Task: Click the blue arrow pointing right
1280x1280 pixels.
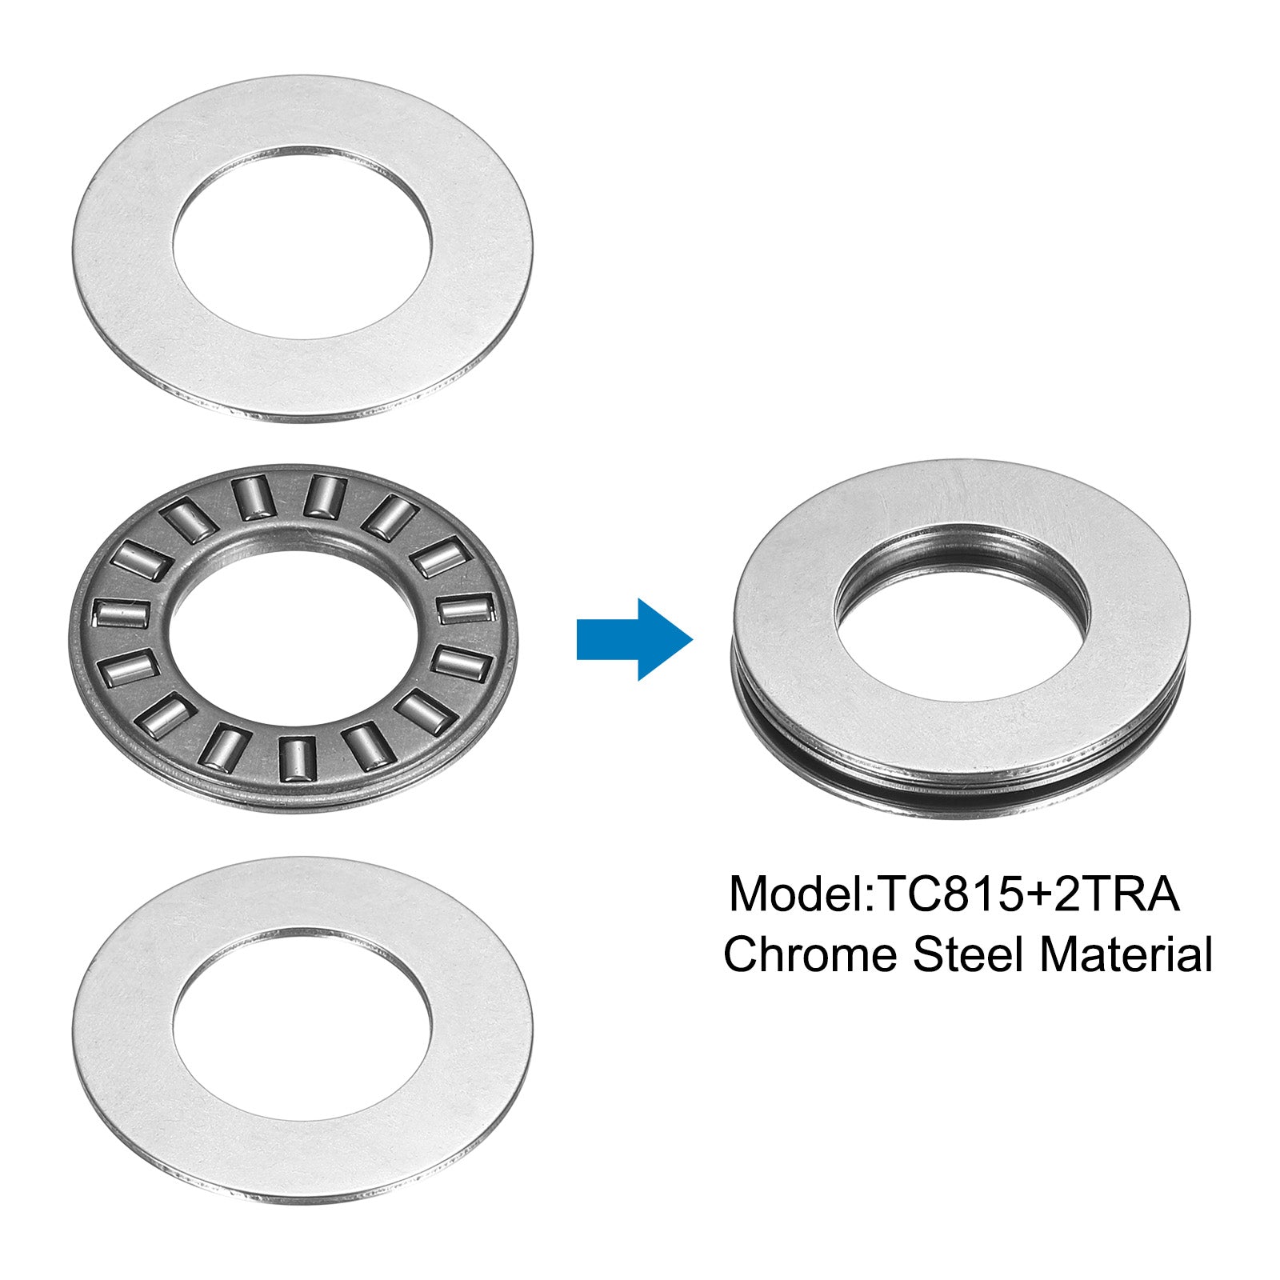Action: click(634, 639)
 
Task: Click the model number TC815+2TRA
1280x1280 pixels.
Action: click(1030, 894)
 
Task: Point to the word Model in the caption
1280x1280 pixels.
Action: click(797, 894)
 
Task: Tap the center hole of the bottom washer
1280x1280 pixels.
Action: click(302, 1026)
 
